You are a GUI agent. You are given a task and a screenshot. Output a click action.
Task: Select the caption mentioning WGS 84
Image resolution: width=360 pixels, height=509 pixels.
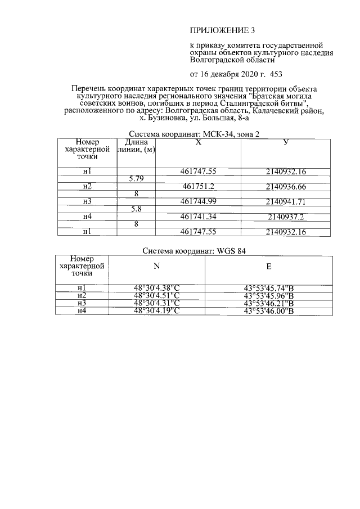(194, 251)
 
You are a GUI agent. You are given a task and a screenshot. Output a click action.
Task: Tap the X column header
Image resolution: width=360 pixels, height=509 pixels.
(198, 143)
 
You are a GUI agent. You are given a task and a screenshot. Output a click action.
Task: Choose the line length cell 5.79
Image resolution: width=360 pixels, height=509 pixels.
(136, 179)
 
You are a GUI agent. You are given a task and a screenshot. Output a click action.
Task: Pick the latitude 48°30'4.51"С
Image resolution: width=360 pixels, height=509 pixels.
(156, 295)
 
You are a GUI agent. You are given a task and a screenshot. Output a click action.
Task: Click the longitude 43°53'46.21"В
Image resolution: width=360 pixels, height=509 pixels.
(269, 303)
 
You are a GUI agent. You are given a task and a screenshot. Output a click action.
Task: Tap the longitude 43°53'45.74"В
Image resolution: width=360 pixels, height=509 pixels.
(269, 288)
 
